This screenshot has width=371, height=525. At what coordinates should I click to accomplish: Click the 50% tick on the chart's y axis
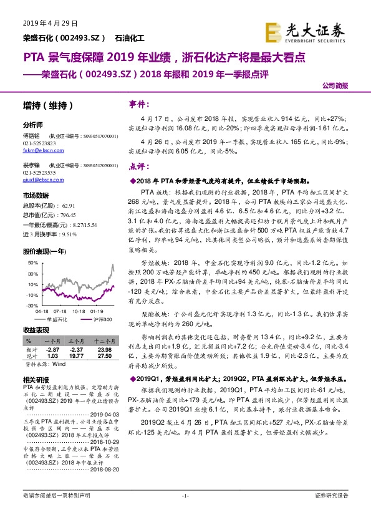(31, 264)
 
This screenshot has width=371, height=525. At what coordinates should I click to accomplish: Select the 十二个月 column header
(103, 342)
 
